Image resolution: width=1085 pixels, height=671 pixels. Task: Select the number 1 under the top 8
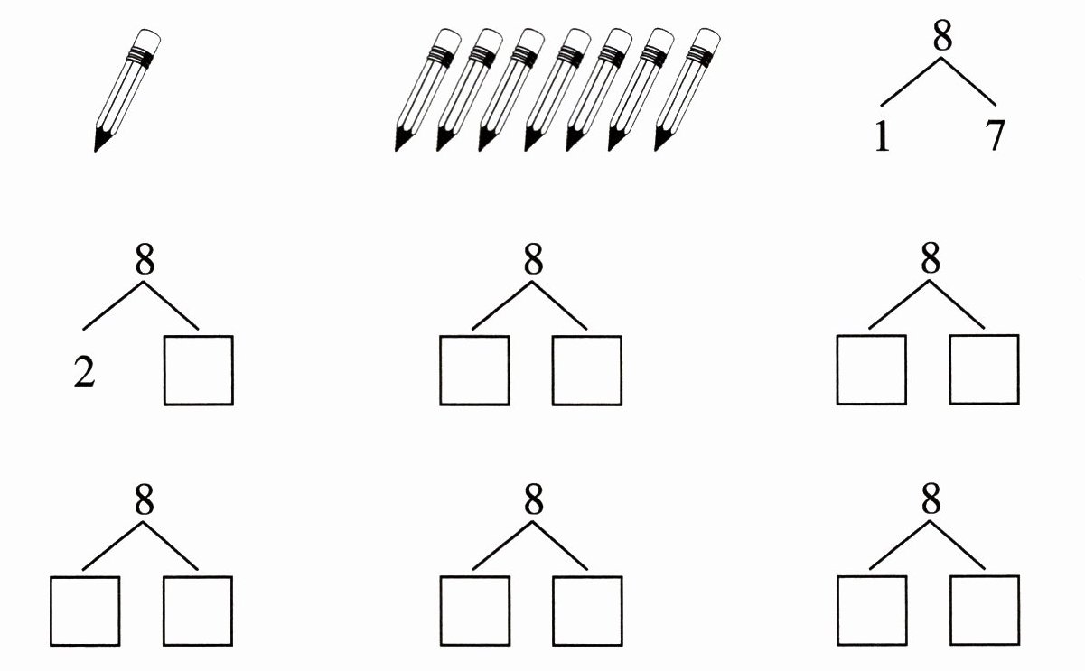pyautogui.click(x=883, y=138)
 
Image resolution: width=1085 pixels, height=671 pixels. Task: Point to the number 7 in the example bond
pyautogui.click(x=994, y=138)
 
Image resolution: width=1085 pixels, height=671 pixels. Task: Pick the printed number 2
pyautogui.click(x=84, y=371)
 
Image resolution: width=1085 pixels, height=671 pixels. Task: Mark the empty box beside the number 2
pyautogui.click(x=199, y=370)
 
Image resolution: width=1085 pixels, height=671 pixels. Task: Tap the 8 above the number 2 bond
pyautogui.click(x=145, y=260)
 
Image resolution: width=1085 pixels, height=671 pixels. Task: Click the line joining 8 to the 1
pyautogui.click(x=910, y=80)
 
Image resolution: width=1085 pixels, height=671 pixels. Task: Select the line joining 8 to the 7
pyautogui.click(x=969, y=80)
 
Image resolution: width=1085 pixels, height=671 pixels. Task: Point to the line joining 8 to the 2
pyautogui.click(x=114, y=305)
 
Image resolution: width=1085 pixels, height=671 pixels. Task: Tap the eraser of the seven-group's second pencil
pyautogui.click(x=489, y=40)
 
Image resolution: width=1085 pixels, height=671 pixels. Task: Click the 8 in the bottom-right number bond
pyautogui.click(x=931, y=499)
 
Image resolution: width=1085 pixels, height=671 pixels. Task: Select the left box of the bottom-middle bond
pyautogui.click(x=475, y=610)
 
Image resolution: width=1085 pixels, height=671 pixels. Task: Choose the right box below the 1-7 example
pyautogui.click(x=984, y=370)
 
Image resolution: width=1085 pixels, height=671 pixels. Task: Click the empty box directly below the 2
pyautogui.click(x=83, y=610)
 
